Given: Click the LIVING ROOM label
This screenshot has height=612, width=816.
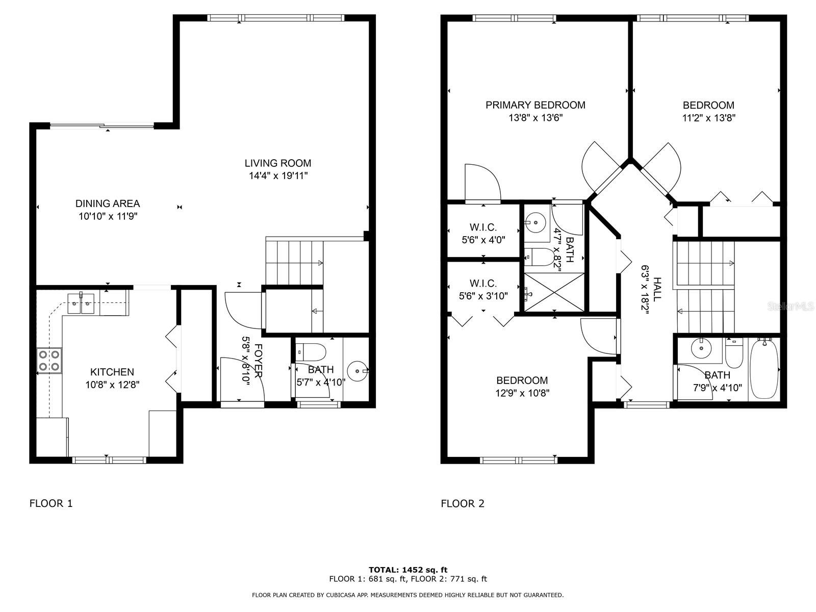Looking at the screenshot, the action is pyautogui.click(x=278, y=163).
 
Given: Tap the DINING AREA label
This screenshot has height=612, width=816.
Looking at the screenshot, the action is pyautogui.click(x=108, y=203).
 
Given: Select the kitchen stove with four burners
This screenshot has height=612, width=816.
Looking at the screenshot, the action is pyautogui.click(x=49, y=360).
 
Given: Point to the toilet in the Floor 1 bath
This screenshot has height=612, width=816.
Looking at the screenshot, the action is pyautogui.click(x=311, y=352).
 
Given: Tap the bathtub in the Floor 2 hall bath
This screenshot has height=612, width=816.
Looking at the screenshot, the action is pyautogui.click(x=764, y=369).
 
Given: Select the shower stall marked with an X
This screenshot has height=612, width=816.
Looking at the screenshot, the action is pyautogui.click(x=554, y=292).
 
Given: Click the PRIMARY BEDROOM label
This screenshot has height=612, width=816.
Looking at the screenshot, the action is pyautogui.click(x=535, y=105).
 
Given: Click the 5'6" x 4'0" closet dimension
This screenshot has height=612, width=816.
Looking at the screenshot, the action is pyautogui.click(x=483, y=240).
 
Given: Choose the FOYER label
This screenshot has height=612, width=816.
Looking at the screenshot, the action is pyautogui.click(x=259, y=361).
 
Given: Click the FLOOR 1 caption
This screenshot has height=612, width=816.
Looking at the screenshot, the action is pyautogui.click(x=51, y=503).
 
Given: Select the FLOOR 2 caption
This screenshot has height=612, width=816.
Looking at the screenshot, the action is pyautogui.click(x=463, y=503).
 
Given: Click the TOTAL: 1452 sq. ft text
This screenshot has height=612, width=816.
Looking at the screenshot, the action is pyautogui.click(x=408, y=570).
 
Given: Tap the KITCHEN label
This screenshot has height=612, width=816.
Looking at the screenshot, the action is pyautogui.click(x=112, y=372).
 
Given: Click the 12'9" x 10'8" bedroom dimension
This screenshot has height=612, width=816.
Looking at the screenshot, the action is pyautogui.click(x=522, y=393).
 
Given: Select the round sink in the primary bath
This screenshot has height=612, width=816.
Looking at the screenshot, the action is pyautogui.click(x=535, y=222).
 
